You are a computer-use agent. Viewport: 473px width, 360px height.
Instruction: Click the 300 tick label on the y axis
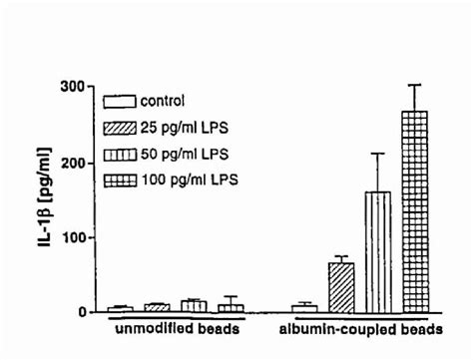(72, 86)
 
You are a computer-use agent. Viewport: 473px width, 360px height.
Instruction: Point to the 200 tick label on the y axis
(72, 162)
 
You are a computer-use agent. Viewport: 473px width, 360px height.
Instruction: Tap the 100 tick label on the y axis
(72, 237)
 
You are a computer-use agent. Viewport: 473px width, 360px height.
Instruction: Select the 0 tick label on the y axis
(82, 312)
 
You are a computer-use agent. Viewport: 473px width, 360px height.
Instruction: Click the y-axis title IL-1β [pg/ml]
(47, 199)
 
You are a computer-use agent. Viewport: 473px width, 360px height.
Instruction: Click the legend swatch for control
(119, 101)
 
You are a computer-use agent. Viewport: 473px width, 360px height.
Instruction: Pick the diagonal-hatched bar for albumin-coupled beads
(341, 288)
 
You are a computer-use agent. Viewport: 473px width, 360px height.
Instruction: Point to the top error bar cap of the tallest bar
(414, 85)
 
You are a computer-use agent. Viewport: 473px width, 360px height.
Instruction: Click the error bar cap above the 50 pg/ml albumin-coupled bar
(377, 153)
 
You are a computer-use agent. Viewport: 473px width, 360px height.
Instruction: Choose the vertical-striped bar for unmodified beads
(194, 306)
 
